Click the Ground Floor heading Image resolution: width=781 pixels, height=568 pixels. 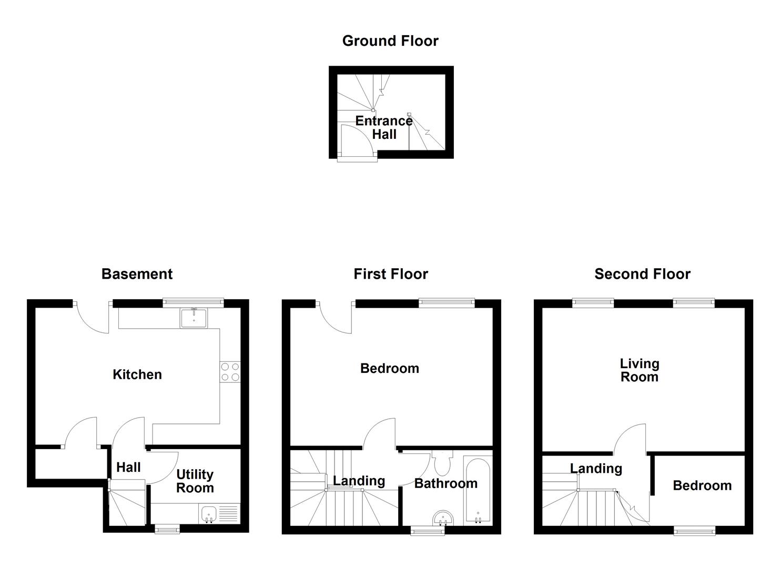click(390, 41)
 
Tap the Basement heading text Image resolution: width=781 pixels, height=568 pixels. click(137, 274)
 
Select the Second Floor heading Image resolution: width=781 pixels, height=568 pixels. click(642, 274)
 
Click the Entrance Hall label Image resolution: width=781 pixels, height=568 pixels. click(384, 127)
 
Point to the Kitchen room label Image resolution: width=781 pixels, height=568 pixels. click(137, 374)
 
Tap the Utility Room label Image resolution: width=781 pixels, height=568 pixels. click(195, 481)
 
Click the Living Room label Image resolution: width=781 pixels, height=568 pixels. click(639, 370)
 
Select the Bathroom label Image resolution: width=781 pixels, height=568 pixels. click(445, 483)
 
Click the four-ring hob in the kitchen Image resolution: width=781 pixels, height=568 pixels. click(230, 372)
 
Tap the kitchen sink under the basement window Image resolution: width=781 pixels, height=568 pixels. click(194, 318)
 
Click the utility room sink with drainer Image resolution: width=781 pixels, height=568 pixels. click(219, 513)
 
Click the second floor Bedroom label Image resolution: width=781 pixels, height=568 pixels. click(702, 485)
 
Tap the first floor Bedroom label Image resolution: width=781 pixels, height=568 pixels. click(389, 368)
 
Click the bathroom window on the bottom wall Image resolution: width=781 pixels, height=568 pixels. click(428, 531)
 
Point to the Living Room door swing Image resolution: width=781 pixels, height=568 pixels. click(630, 440)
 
